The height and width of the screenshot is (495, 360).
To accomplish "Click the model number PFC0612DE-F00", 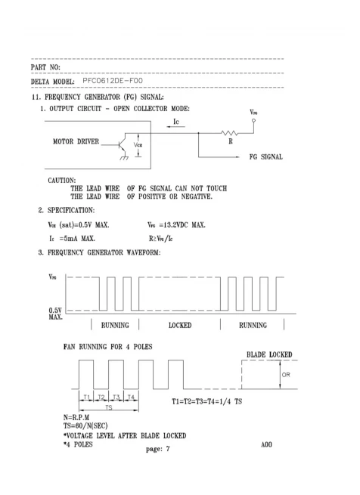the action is point(113,81).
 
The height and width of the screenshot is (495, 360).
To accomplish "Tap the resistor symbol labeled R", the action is point(230,133).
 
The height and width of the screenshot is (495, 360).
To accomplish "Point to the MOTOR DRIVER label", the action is point(76,141).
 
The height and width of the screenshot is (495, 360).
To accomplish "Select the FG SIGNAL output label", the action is point(265,157).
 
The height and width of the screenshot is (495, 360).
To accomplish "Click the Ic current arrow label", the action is point(176,122).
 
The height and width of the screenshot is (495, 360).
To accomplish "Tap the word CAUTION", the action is point(61,181).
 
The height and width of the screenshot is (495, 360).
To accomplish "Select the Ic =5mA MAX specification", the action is point(72,238).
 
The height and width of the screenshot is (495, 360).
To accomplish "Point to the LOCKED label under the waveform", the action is point(180,325).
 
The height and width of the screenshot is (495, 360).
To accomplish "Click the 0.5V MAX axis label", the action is point(56,314).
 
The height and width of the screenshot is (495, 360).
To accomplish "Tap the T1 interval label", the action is point(87,397).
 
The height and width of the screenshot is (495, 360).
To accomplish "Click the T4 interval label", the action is point(131,397).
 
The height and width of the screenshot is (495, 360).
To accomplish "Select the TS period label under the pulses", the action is point(109,407).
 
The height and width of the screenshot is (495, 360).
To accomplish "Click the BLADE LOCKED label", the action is point(269,354).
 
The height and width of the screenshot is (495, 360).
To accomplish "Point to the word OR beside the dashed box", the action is point(286,375).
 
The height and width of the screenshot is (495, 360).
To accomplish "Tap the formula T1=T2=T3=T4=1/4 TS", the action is point(206,401).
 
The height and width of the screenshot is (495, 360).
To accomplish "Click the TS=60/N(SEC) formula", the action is point(85,425).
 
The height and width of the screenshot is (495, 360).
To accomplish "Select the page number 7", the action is point(168,449).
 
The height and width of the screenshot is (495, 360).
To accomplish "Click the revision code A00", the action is point(266,444).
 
